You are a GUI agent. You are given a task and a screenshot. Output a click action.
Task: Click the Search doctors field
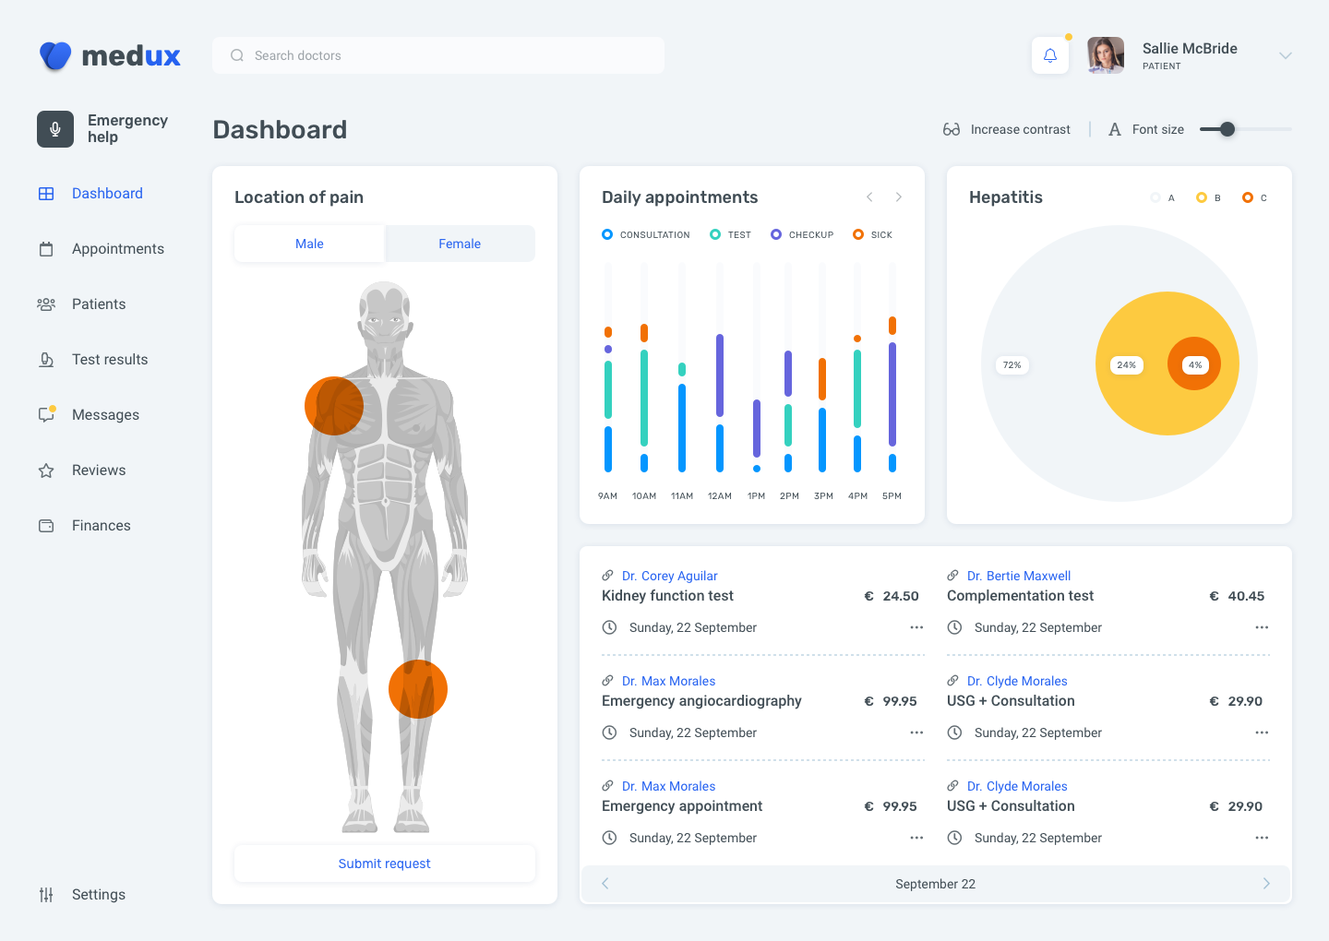point(438,55)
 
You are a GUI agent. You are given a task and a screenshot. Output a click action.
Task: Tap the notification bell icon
point(1050,55)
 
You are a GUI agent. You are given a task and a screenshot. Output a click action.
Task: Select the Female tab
point(460,244)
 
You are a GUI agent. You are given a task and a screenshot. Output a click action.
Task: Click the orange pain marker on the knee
point(418,689)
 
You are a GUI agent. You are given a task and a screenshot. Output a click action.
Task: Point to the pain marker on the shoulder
point(334,406)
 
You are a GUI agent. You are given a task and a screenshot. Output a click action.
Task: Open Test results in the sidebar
point(109,360)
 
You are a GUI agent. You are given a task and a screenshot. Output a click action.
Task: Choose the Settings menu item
point(98,895)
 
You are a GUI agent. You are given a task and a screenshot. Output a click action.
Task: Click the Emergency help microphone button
point(55,129)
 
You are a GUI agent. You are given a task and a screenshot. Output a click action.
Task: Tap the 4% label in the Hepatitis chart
point(1195,365)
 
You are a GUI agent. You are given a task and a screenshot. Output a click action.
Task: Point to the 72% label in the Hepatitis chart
point(1012,365)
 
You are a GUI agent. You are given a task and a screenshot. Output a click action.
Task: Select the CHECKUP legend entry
point(802,235)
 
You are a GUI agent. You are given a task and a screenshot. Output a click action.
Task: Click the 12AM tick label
point(720,496)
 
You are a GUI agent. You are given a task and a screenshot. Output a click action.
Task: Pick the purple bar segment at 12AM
point(720,375)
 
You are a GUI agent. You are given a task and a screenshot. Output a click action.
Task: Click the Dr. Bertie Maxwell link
point(1019,576)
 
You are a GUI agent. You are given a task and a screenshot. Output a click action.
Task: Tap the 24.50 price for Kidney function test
point(900,596)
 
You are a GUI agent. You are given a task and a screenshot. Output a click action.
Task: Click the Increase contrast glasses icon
point(952,129)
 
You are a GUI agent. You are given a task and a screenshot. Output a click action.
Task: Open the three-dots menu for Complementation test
point(1262,627)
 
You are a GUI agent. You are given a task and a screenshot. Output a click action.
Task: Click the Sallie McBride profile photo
point(1106,55)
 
